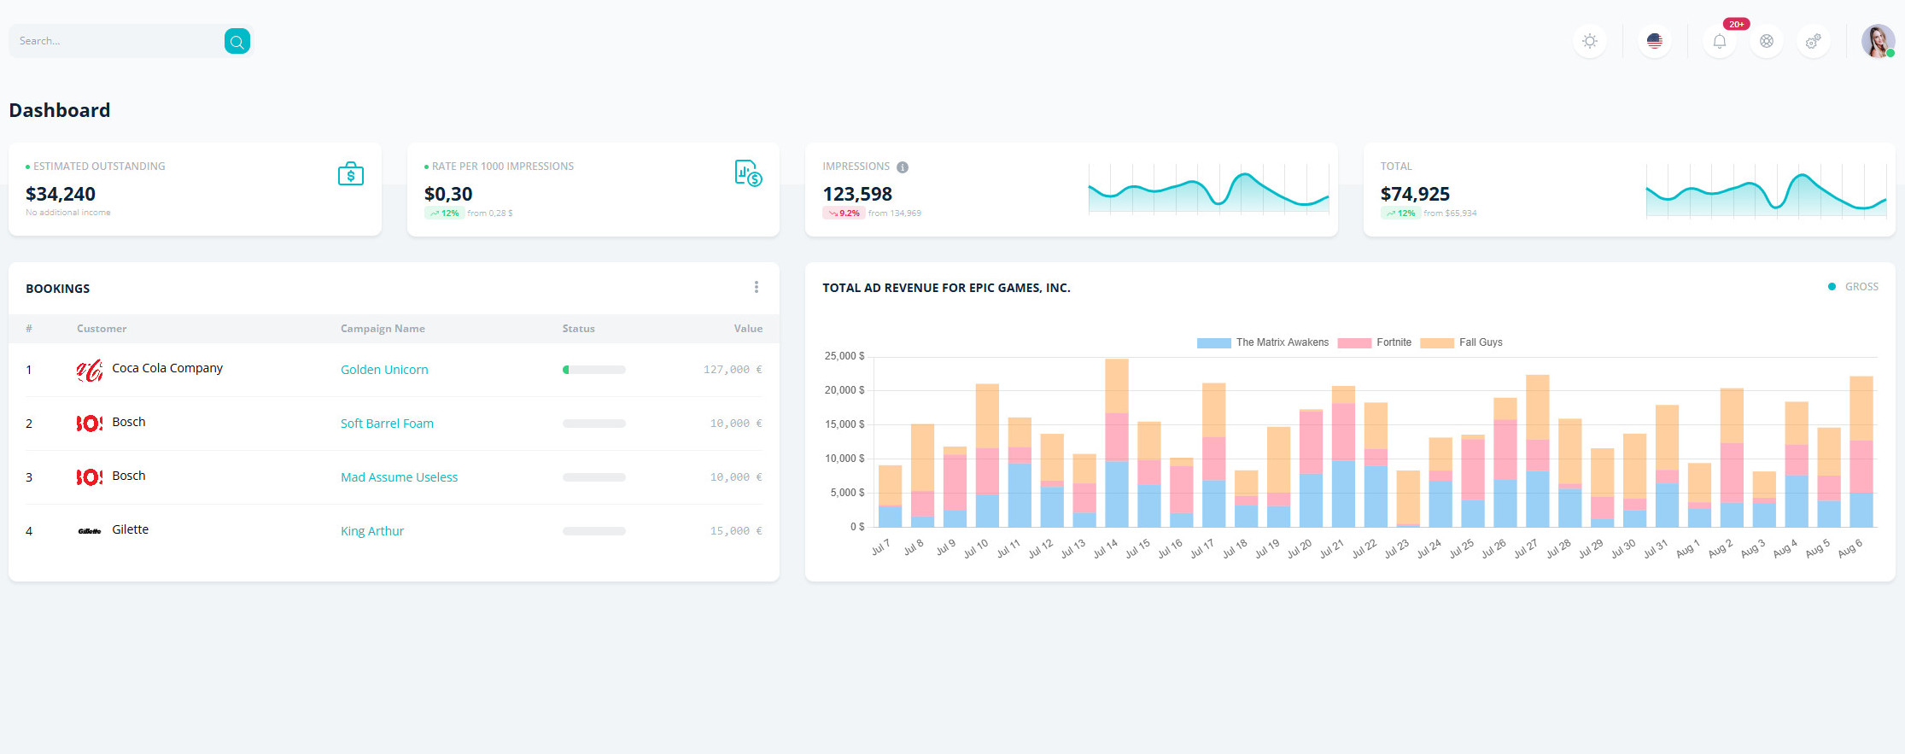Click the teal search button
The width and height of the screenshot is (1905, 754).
coord(237,41)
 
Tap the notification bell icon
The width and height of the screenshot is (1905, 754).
coord(1719,41)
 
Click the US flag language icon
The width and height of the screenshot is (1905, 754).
coord(1654,41)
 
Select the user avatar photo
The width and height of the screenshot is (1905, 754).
coord(1877,41)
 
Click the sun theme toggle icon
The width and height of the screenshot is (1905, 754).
coord(1589,41)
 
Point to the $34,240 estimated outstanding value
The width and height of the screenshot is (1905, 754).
coord(61,194)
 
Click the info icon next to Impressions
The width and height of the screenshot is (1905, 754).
coord(903,167)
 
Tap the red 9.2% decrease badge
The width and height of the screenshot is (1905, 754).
coord(844,213)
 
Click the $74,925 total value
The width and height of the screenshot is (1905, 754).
coord(1415,194)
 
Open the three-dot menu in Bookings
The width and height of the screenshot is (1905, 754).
coord(756,287)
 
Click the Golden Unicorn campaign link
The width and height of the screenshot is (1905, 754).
coord(384,370)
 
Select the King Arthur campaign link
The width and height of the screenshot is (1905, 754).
coord(372,531)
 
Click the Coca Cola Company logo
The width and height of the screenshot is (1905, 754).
coord(89,370)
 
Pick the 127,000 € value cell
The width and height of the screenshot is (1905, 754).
coord(732,370)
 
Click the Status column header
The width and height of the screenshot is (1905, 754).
coord(578,329)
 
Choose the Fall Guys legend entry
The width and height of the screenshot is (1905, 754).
coord(1461,342)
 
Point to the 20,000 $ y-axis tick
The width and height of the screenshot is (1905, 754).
coord(844,390)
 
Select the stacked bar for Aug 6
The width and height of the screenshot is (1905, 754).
coord(1861,453)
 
